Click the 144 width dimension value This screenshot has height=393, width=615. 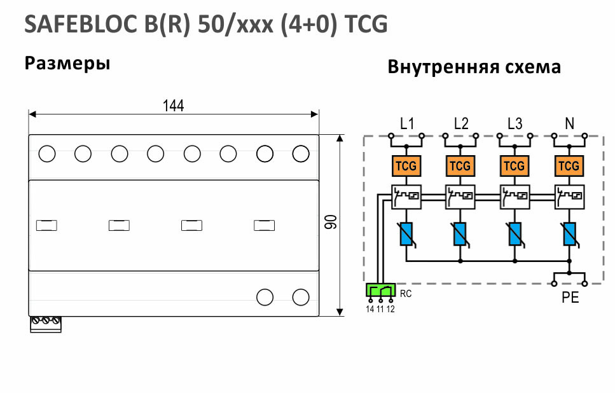pyautogui.click(x=174, y=106)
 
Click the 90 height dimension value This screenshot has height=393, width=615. pyautogui.click(x=331, y=222)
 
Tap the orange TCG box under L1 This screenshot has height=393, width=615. pyautogui.click(x=406, y=166)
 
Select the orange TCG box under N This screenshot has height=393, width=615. pyautogui.click(x=569, y=166)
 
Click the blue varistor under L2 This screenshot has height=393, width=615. pyautogui.click(x=460, y=234)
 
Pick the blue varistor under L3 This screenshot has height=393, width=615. pyautogui.click(x=515, y=234)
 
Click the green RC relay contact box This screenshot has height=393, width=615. pyautogui.click(x=380, y=290)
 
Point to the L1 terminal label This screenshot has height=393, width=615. pyautogui.click(x=407, y=124)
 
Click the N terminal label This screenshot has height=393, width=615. pyautogui.click(x=569, y=124)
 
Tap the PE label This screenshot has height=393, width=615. pyautogui.click(x=570, y=298)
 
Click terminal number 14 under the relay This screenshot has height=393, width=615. pyautogui.click(x=370, y=309)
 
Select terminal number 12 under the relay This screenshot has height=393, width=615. pyautogui.click(x=390, y=309)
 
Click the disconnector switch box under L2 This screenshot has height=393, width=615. pyautogui.click(x=460, y=197)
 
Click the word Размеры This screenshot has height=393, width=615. pyautogui.click(x=67, y=64)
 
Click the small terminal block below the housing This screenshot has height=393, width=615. pyautogui.click(x=46, y=324)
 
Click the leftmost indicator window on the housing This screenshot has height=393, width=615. pyautogui.click(x=46, y=226)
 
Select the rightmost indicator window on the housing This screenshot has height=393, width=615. pyautogui.click(x=265, y=226)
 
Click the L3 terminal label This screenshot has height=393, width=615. pyautogui.click(x=515, y=124)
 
